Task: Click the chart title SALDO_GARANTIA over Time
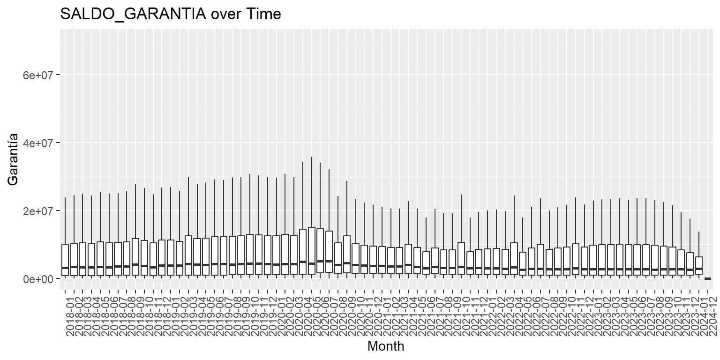click(171, 14)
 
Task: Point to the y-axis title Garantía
click(13, 159)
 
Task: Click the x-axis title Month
click(386, 346)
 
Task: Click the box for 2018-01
click(65, 260)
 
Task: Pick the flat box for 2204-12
click(708, 278)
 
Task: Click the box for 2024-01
click(699, 266)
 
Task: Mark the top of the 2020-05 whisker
click(311, 157)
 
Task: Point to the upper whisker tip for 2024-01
click(699, 232)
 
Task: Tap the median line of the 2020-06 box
click(320, 261)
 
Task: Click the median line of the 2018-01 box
click(65, 268)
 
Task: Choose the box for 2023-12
click(690, 264)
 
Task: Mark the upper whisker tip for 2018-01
click(65, 197)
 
